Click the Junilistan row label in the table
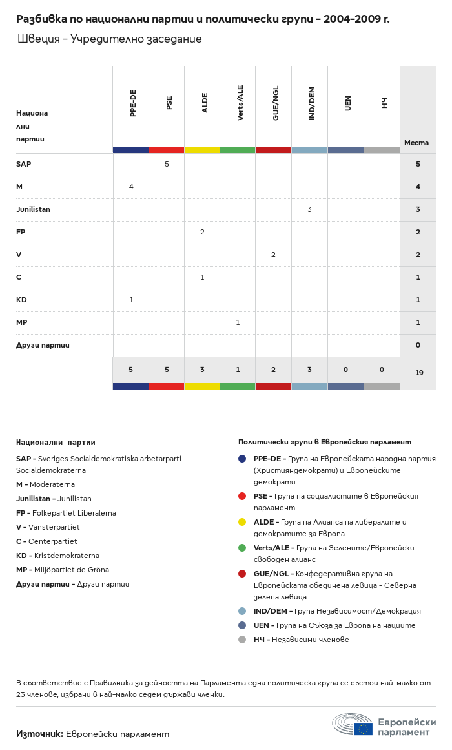click(33, 209)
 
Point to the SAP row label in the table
click(23, 164)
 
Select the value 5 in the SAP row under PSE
click(167, 164)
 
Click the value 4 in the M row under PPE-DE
click(131, 187)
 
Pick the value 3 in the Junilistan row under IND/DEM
click(309, 209)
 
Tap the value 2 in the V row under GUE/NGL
click(273, 255)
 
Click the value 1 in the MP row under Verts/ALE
click(238, 322)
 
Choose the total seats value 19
click(419, 373)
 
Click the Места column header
click(416, 143)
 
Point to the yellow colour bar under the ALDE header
click(202, 150)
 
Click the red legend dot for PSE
click(242, 496)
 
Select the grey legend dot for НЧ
click(242, 640)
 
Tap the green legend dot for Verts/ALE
click(242, 548)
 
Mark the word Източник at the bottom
click(39, 734)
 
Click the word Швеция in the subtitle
click(36, 39)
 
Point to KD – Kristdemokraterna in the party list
click(57, 556)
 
